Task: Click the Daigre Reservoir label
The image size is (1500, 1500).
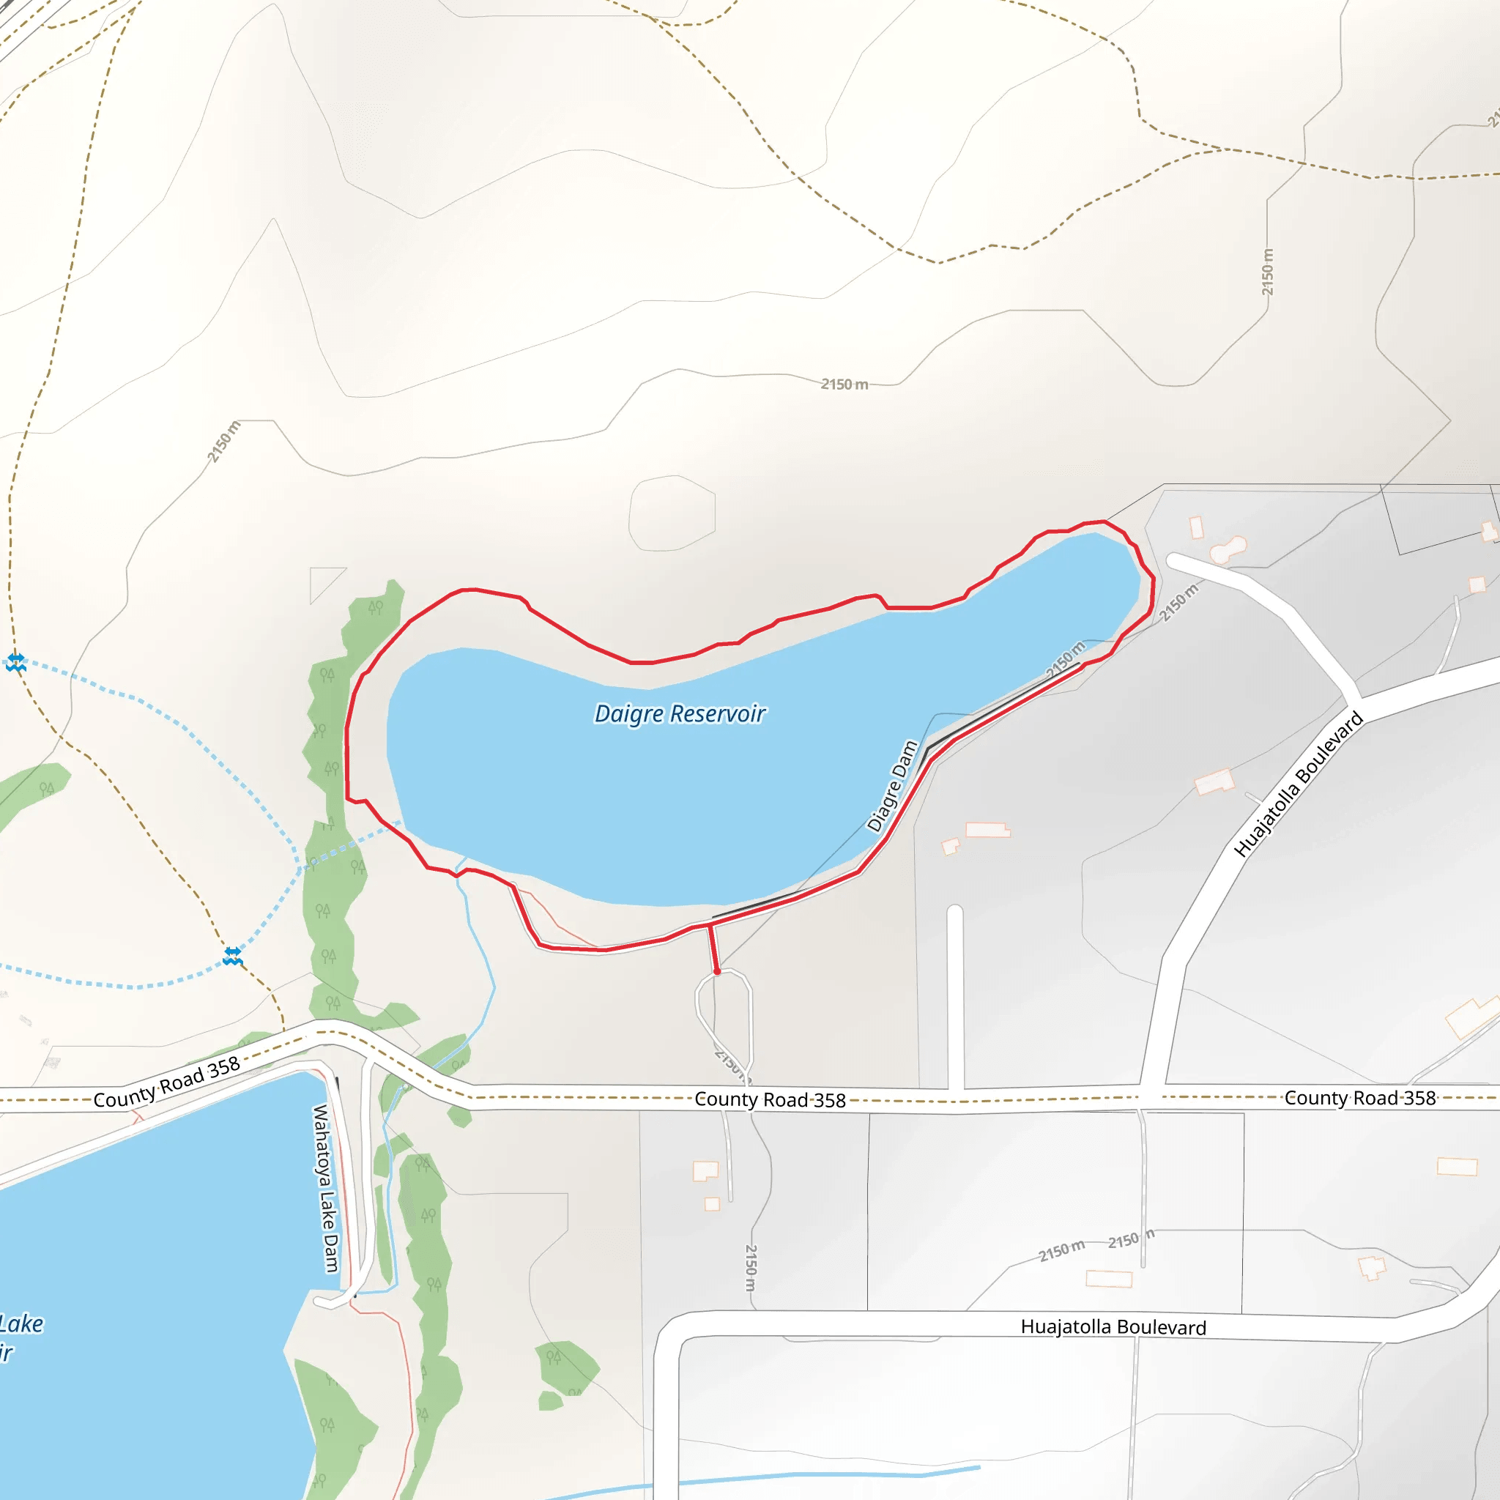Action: click(680, 713)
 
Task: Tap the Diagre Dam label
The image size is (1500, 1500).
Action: click(893, 786)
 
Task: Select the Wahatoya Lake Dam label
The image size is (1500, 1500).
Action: click(325, 1188)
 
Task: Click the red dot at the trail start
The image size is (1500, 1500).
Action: click(717, 971)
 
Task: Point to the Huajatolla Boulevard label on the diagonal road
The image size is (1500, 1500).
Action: click(1298, 784)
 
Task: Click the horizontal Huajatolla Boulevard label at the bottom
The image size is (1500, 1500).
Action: click(1113, 1327)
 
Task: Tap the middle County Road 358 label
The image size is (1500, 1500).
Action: click(770, 1099)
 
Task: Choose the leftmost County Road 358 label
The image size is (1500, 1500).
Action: click(167, 1082)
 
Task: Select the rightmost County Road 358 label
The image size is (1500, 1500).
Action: click(1359, 1098)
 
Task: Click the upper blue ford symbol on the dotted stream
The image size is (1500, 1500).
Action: click(15, 662)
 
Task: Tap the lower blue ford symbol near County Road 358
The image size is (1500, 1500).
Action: click(232, 956)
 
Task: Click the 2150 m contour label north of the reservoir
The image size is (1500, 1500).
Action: click(844, 385)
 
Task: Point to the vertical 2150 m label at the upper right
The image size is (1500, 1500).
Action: click(1267, 272)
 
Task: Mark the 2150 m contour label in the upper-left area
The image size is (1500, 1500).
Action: click(224, 441)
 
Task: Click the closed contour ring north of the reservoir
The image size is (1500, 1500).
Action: click(672, 513)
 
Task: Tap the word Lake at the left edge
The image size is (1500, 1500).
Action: click(22, 1323)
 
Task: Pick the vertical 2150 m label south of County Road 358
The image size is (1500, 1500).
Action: click(750, 1267)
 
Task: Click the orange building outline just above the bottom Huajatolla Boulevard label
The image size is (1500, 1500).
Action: click(1109, 1279)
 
